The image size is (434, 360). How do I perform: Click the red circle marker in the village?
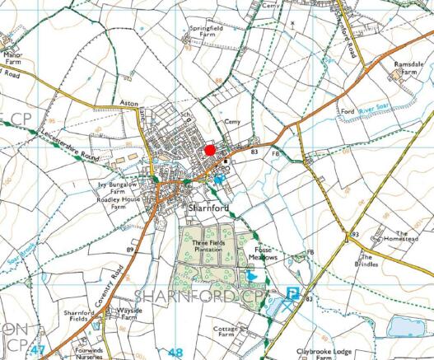pyautogui.click(x=210, y=150)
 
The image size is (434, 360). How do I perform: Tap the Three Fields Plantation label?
pyautogui.click(x=208, y=246)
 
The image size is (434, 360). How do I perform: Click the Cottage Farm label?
pyautogui.click(x=225, y=331)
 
